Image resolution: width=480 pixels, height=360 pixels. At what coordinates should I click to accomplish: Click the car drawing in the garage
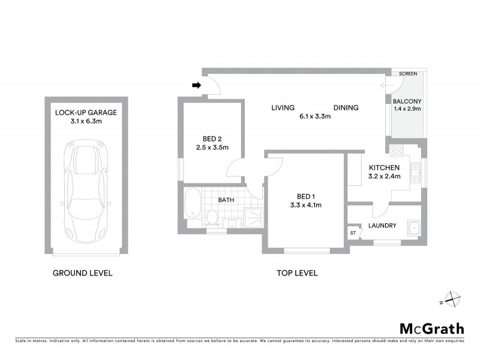pos(86,191)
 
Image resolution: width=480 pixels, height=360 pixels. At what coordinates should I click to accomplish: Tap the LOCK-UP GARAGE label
pos(86,112)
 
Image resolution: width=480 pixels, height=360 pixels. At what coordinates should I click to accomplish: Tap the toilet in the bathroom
pos(212,217)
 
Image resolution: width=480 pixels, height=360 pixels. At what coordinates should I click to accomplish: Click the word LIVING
pos(283,108)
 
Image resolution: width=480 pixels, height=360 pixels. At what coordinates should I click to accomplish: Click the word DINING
pos(346,108)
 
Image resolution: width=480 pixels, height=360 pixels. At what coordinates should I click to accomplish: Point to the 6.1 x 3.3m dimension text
pos(316,116)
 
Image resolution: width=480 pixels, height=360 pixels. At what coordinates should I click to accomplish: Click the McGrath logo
pos(432,328)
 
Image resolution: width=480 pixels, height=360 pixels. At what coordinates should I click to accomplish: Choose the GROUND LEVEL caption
pos(83,274)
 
